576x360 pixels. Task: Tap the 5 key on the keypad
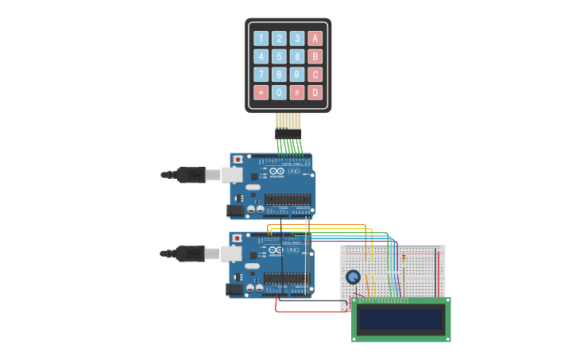(x=279, y=56)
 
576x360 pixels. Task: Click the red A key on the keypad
(x=315, y=38)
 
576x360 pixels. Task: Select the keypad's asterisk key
(x=261, y=92)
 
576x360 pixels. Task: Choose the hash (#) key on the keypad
(x=297, y=92)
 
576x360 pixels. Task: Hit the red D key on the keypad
(x=315, y=92)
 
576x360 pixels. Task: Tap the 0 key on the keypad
(x=279, y=92)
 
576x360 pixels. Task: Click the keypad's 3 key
(x=297, y=38)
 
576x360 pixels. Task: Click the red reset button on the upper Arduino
(x=238, y=160)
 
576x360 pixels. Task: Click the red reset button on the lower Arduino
(x=237, y=238)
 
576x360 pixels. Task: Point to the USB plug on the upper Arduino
(x=191, y=175)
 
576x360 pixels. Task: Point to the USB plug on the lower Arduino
(x=190, y=254)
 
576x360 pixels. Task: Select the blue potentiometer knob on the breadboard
(x=353, y=277)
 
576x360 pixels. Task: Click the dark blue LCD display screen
(x=400, y=319)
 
